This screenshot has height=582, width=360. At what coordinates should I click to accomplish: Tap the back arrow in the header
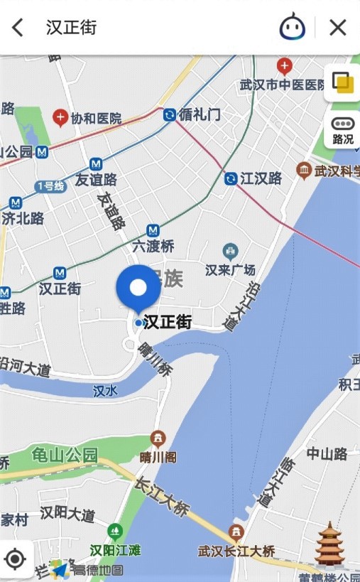click(x=18, y=28)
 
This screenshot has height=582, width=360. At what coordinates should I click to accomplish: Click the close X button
click(x=338, y=28)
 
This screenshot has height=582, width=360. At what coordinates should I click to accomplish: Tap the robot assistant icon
click(x=292, y=28)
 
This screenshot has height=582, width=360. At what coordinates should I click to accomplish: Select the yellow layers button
click(x=343, y=82)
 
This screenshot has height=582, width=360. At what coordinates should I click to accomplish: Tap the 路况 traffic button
click(x=343, y=131)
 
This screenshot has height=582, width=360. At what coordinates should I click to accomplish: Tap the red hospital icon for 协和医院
click(x=60, y=117)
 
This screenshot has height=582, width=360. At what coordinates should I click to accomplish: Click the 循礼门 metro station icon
click(x=170, y=114)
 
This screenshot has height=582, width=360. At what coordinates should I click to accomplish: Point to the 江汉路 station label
click(x=261, y=178)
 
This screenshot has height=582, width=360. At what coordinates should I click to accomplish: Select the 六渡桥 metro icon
click(x=153, y=230)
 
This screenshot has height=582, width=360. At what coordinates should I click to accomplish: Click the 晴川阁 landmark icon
click(x=158, y=438)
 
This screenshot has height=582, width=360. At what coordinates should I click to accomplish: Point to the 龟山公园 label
click(x=64, y=456)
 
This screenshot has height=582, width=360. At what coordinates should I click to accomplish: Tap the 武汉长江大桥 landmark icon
click(x=236, y=532)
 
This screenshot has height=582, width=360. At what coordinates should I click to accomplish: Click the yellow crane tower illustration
click(x=330, y=544)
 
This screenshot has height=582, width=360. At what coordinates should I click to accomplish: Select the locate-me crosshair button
click(x=15, y=559)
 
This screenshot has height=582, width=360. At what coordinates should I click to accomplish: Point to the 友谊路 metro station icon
click(x=77, y=164)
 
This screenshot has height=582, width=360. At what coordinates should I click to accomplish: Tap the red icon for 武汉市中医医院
click(x=285, y=67)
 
